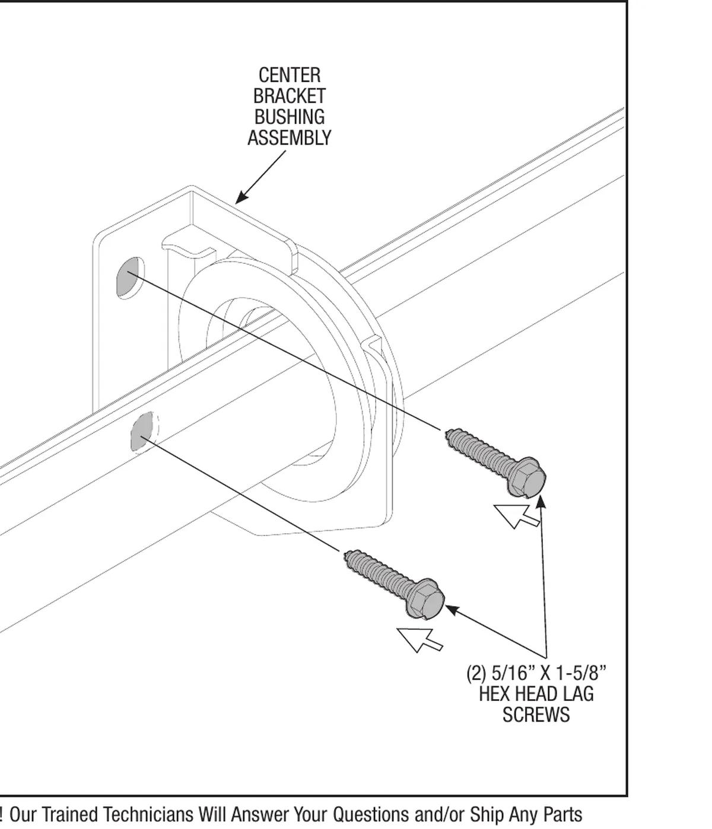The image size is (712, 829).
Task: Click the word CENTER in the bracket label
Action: [x=290, y=75]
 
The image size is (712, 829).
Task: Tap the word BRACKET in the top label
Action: [x=289, y=96]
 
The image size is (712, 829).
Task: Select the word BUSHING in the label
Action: [x=290, y=117]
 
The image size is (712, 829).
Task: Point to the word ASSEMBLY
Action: [x=289, y=138]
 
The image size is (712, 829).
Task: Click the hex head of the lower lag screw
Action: [x=425, y=599]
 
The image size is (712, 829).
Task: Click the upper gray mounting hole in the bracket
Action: [x=129, y=277]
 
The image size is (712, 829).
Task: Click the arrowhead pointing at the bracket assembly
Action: [x=241, y=196]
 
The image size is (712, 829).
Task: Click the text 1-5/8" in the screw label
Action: [x=581, y=673]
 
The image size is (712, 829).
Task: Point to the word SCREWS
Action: [x=536, y=715]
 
